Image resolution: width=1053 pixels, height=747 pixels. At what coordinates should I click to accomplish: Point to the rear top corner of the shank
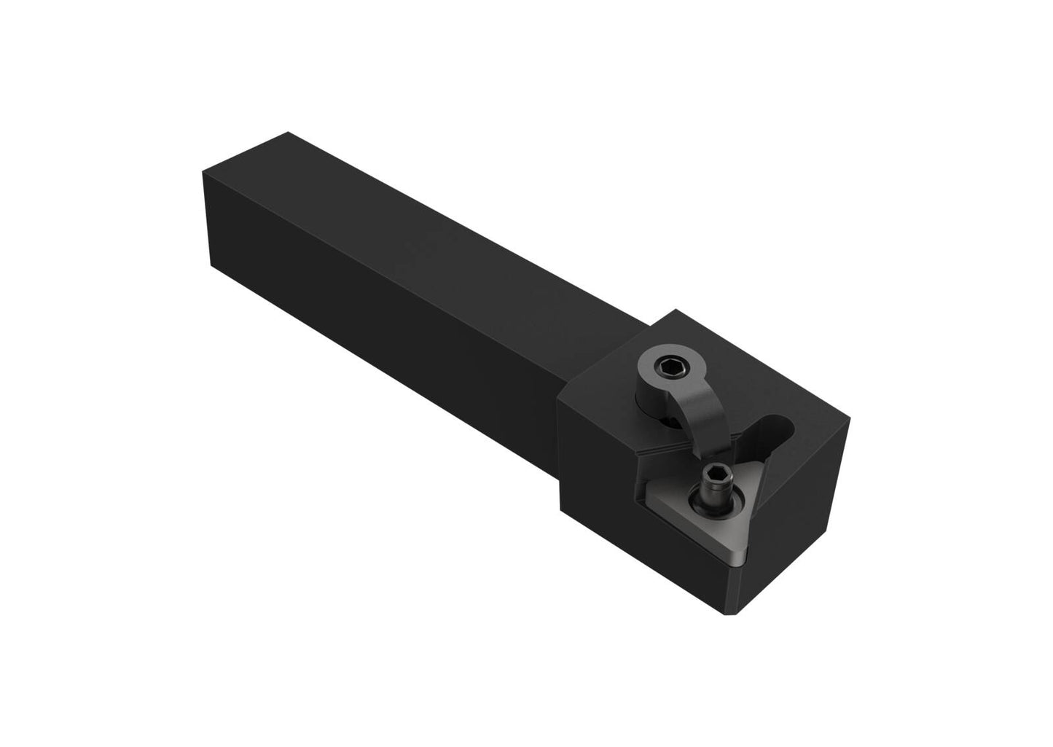pyautogui.click(x=289, y=132)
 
